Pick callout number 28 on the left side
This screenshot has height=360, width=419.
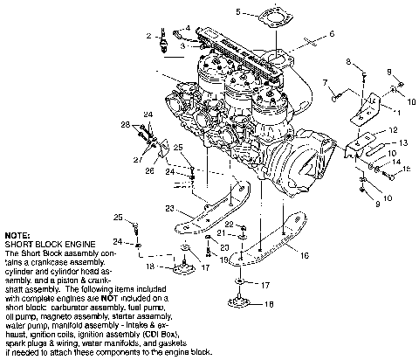pyautogui.click(x=126, y=124)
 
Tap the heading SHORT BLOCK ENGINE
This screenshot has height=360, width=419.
pyautogui.click(x=44, y=243)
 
